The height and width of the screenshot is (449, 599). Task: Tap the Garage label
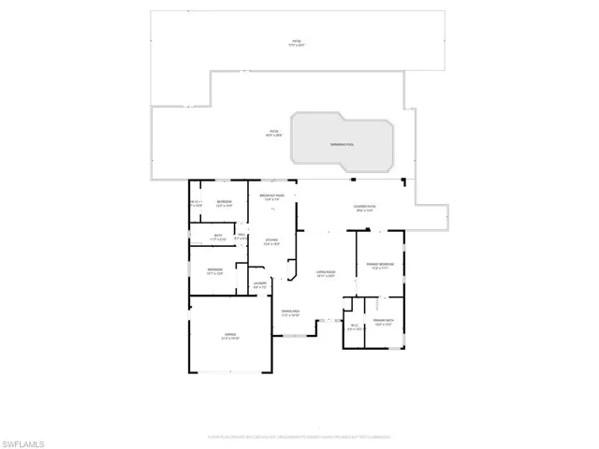pyautogui.click(x=230, y=335)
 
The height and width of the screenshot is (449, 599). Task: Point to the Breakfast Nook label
pyautogui.click(x=272, y=196)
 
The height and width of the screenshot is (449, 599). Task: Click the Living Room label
pyautogui.click(x=326, y=272)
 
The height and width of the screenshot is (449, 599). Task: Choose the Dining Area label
pyautogui.click(x=290, y=312)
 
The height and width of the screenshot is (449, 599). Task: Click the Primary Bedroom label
pyautogui.click(x=380, y=266)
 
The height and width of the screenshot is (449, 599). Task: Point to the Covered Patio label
pyautogui.click(x=364, y=209)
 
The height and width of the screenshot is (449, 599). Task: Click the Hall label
pyautogui.click(x=240, y=237)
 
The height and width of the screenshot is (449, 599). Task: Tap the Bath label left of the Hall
pyautogui.click(x=217, y=237)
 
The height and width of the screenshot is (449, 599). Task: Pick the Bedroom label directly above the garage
pyautogui.click(x=214, y=271)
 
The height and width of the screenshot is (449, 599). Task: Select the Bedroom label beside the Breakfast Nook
pyautogui.click(x=225, y=203)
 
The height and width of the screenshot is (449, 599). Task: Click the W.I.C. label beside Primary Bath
pyautogui.click(x=354, y=327)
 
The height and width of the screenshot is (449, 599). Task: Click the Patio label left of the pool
pyautogui.click(x=274, y=133)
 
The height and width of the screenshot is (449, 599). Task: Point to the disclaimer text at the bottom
pyautogui.click(x=299, y=436)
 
